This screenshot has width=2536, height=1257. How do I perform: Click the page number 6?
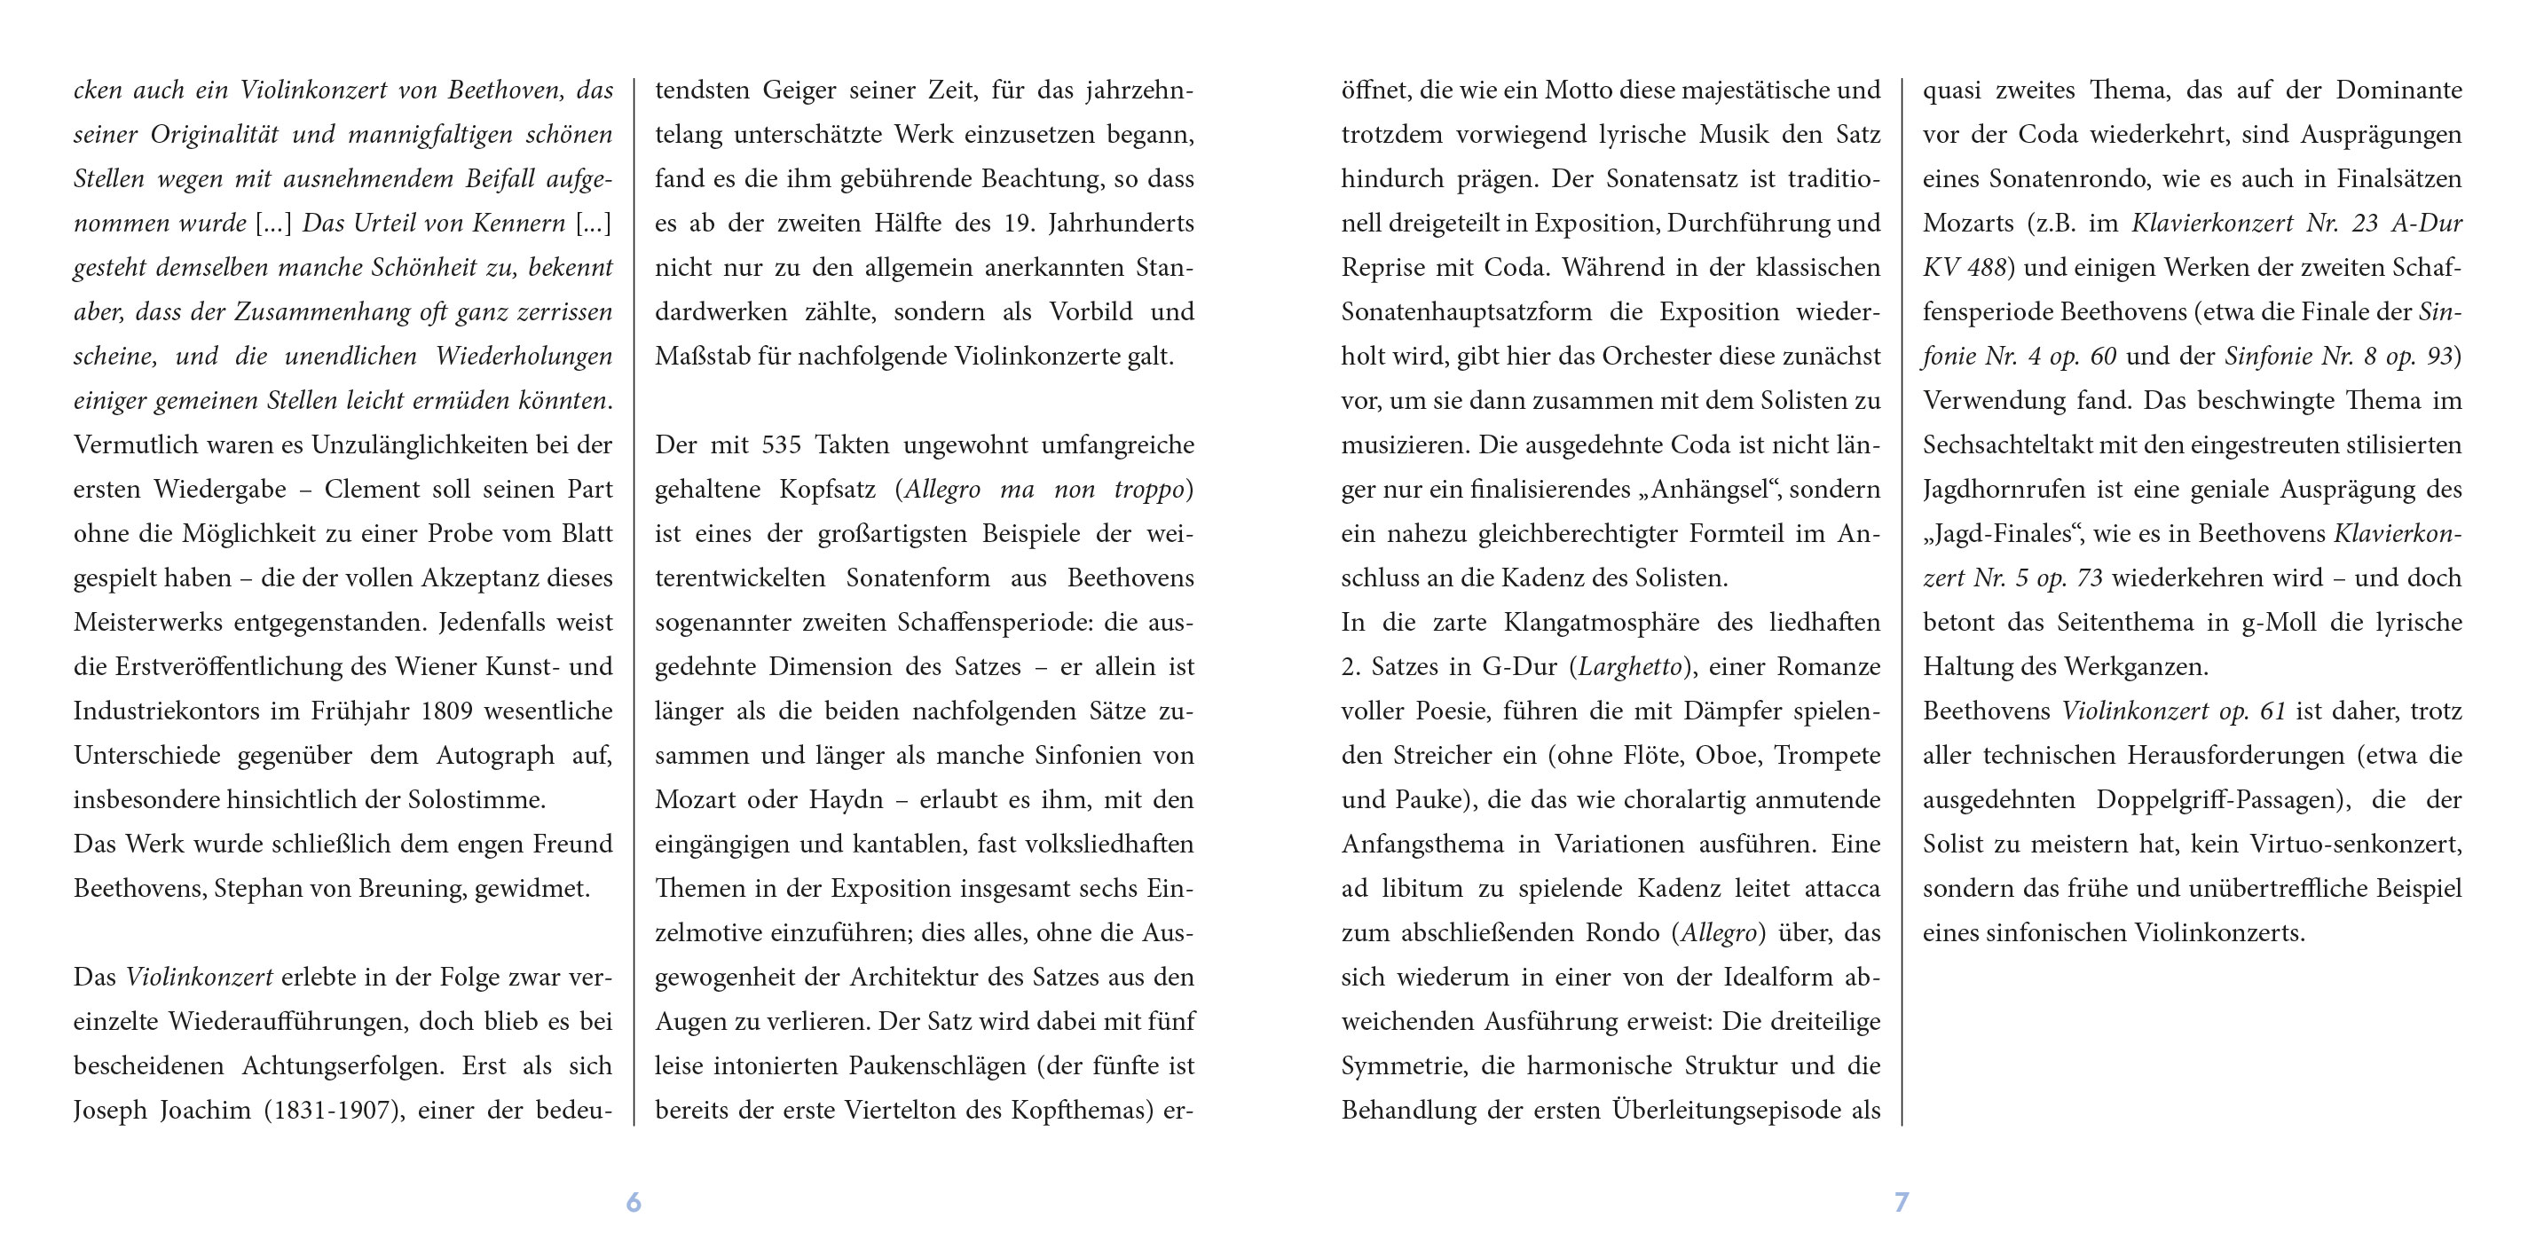tap(633, 1201)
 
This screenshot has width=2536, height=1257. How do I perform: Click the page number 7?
tap(1901, 1201)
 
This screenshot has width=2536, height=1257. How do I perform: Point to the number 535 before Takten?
tap(781, 445)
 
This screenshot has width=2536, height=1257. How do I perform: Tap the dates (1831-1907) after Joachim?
tap(334, 1111)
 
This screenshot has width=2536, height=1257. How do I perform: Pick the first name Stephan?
tap(259, 889)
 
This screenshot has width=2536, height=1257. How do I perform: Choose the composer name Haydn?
tap(846, 799)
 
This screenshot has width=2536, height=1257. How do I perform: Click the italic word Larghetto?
tap(1629, 666)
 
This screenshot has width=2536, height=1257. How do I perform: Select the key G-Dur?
tap(1519, 666)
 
